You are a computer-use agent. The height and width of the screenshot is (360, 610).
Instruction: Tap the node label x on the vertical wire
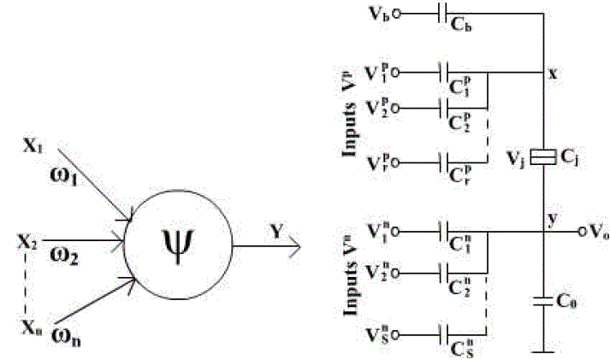[554, 74]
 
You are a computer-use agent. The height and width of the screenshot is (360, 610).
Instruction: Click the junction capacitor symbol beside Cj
[542, 157]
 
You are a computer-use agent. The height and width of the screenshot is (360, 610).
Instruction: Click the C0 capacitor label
[566, 301]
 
